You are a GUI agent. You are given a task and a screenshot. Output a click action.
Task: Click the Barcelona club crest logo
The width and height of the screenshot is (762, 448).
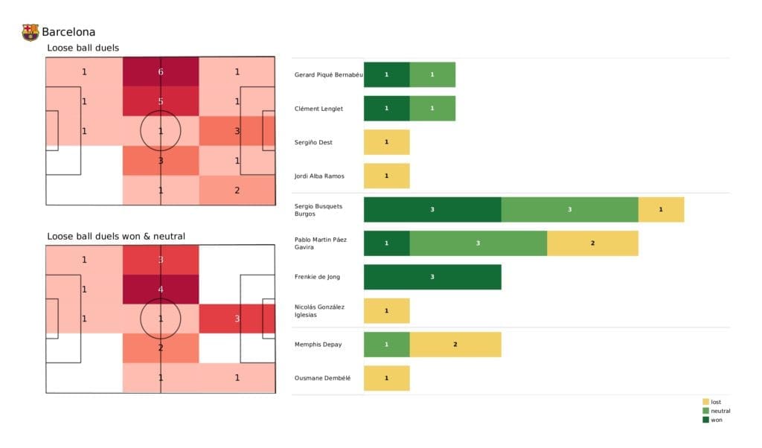[x=31, y=32]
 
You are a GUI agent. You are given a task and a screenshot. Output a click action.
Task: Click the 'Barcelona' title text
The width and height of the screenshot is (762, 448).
[x=68, y=32]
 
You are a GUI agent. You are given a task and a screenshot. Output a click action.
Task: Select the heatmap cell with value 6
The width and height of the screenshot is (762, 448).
[x=161, y=72]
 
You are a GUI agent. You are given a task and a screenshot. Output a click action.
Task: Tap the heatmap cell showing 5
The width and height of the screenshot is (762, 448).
[x=161, y=102]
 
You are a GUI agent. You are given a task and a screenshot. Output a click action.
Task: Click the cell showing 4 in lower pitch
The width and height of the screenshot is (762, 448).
[x=161, y=289]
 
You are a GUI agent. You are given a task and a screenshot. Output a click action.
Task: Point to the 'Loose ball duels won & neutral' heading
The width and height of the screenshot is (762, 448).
[x=116, y=236]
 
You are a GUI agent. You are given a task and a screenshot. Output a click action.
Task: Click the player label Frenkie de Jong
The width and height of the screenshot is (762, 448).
[x=318, y=277]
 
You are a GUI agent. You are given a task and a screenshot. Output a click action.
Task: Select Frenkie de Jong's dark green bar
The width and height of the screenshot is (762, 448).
[x=432, y=277]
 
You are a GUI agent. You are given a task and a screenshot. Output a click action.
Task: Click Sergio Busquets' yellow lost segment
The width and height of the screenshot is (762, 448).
[x=661, y=210]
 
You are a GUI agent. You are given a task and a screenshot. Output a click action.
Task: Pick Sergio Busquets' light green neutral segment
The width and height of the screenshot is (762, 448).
[x=569, y=210]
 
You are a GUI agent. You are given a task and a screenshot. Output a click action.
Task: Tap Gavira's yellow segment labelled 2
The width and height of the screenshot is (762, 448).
[x=592, y=243]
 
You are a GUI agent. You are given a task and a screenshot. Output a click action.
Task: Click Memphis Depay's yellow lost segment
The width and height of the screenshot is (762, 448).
[x=455, y=345]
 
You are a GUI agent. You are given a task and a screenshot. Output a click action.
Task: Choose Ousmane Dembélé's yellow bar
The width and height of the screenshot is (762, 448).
[x=386, y=378]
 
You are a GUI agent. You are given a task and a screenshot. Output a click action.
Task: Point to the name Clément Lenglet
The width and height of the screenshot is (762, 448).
[x=318, y=109]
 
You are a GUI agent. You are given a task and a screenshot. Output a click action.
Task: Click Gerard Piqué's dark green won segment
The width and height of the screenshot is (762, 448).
[x=386, y=74]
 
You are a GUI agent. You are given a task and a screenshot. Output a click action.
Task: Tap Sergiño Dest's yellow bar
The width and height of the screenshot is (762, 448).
[x=386, y=142]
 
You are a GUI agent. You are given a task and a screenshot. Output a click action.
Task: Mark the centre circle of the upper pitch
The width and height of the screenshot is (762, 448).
[x=161, y=131]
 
